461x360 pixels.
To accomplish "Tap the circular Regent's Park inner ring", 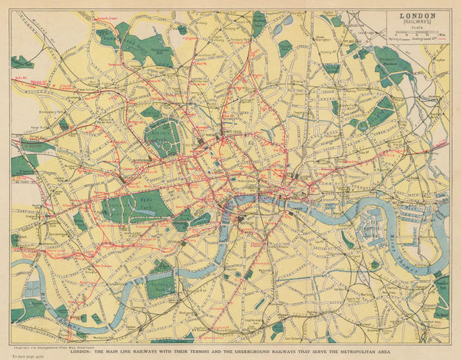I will [165, 138].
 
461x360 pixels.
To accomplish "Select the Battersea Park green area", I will [161, 281].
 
